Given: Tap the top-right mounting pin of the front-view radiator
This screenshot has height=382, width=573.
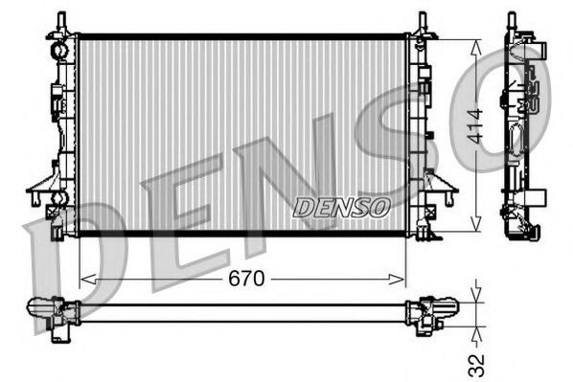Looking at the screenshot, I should (422, 20).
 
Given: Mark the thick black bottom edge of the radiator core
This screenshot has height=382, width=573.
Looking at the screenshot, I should (240, 234).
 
